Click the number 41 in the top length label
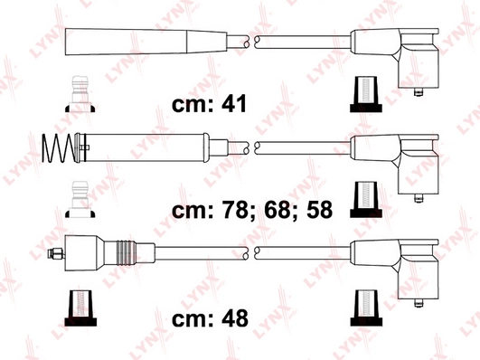pos(234,104)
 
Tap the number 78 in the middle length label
pos(234,210)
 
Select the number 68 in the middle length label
pos(277,210)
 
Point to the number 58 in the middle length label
pos(320,210)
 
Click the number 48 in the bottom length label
pos(234,318)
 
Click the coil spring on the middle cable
pos(58,148)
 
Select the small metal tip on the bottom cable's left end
pos(56,253)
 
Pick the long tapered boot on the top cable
pos(146,42)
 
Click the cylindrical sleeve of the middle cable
pos(142,147)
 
